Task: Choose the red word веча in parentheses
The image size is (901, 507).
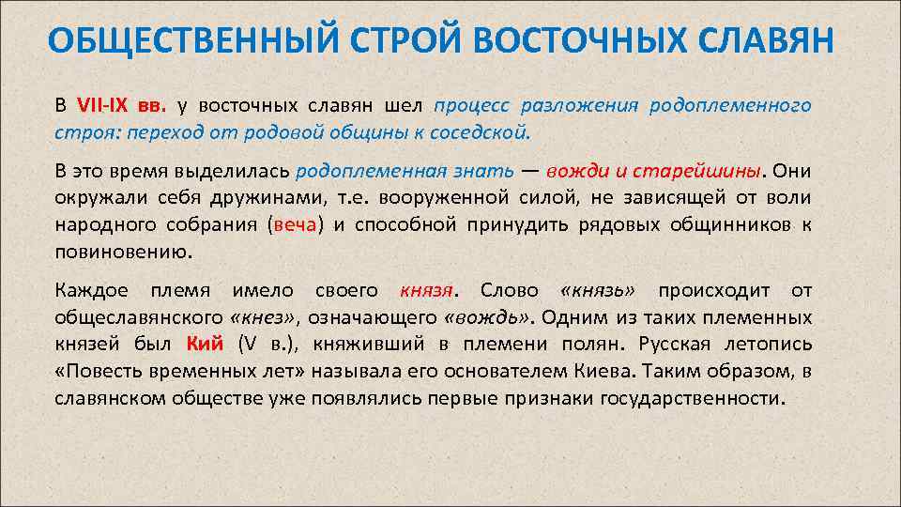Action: pos(294,225)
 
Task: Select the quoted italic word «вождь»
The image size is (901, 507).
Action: pos(486,317)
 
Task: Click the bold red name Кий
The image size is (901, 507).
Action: pos(206,345)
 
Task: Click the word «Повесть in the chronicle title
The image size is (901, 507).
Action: pos(101,371)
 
